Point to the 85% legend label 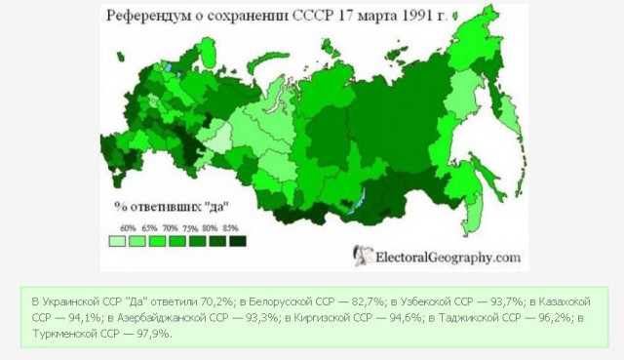231,226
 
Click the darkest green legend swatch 237,239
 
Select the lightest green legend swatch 115,239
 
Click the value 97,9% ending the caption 153,333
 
